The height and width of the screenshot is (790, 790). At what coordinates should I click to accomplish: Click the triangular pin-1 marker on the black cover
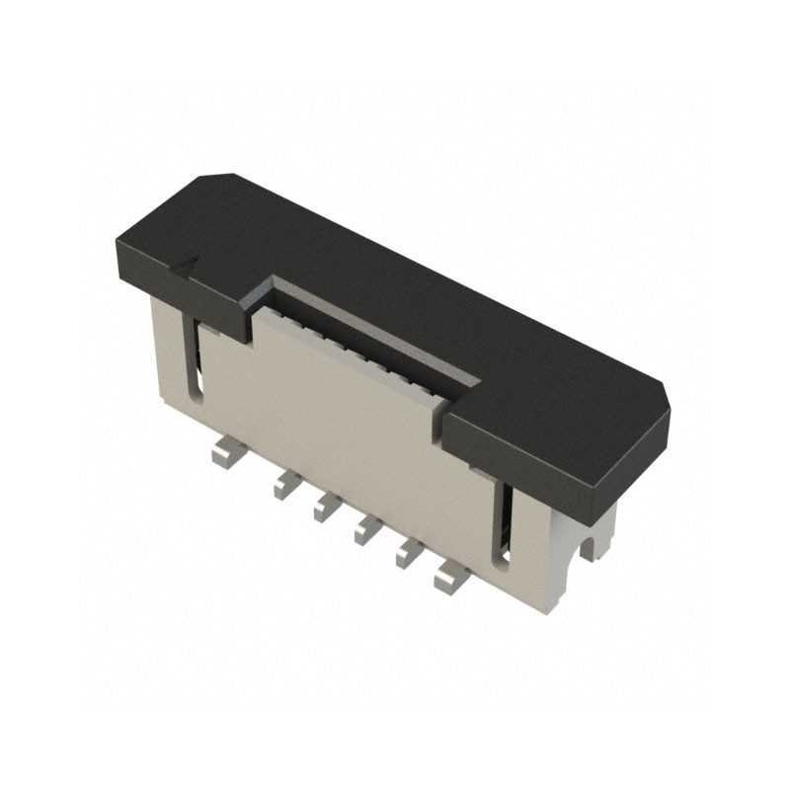[188, 263]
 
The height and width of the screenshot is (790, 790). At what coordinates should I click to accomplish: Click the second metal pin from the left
[286, 484]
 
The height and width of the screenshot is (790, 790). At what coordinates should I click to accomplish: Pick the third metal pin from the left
[327, 507]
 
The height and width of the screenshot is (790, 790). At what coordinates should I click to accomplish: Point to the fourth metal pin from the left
[367, 529]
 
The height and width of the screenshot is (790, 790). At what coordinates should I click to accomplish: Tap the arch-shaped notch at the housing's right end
[594, 545]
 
